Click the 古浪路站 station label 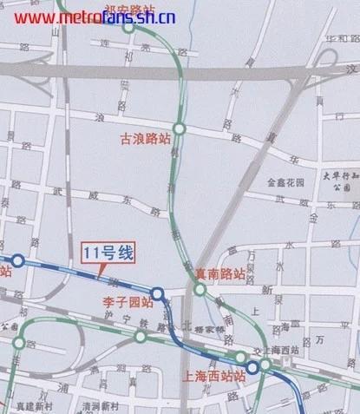click(146, 139)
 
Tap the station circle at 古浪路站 click(179, 128)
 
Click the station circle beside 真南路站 click(200, 290)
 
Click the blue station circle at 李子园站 click(157, 293)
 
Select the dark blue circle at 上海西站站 click(252, 368)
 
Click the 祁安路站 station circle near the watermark click(128, 27)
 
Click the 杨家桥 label click(210, 330)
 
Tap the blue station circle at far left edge click(16, 260)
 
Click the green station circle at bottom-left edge click(19, 343)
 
